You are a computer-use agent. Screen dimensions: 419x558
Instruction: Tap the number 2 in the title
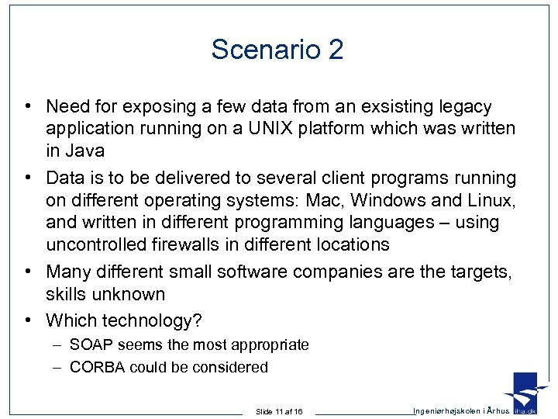point(336,50)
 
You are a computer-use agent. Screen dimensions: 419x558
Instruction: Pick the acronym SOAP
point(91,345)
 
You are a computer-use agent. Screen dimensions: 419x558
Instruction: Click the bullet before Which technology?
point(27,320)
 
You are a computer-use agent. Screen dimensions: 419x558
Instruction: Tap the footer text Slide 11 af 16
point(279,411)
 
